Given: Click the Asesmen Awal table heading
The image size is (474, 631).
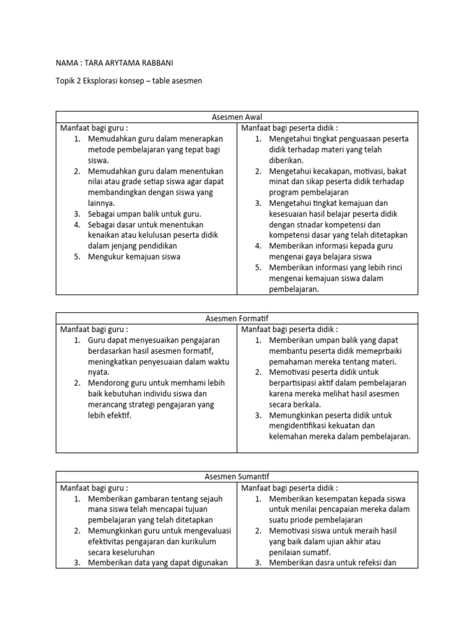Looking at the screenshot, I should click(236, 117).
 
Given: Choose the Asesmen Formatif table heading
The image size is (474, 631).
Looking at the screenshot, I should click(236, 318).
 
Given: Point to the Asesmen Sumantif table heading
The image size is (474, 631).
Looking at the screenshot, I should click(236, 477).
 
